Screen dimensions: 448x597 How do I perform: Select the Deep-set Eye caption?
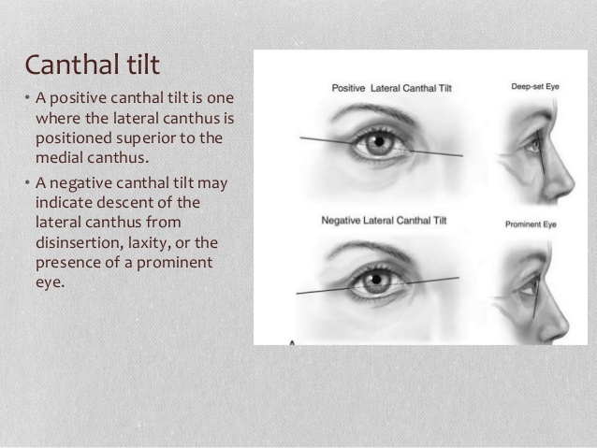pos(535,87)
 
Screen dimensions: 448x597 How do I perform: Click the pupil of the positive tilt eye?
pos(379,143)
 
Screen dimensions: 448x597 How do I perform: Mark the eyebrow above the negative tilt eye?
pos(370,248)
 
